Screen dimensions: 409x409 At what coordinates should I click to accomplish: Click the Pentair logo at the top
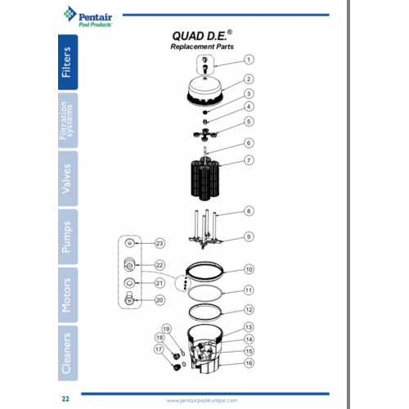[88, 16]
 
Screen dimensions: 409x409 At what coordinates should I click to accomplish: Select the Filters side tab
[68, 62]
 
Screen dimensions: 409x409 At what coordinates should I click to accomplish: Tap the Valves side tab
[68, 178]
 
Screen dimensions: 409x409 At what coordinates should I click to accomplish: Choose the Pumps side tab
[68, 236]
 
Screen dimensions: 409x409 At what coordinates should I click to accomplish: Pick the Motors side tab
[68, 295]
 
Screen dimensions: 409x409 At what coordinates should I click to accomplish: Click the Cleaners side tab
[68, 353]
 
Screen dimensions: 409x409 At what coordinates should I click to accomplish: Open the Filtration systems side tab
[68, 120]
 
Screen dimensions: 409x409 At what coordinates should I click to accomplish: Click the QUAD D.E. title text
[202, 36]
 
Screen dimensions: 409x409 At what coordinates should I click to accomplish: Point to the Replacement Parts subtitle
[202, 47]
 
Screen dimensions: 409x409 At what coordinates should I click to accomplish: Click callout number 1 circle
[249, 60]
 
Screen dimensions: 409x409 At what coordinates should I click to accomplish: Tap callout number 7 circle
[249, 160]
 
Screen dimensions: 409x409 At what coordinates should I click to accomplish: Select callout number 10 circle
[249, 269]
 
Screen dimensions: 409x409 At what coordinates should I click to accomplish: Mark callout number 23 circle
[160, 243]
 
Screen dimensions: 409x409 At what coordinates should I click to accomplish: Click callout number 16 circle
[249, 363]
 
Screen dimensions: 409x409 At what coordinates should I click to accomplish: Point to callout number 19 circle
[166, 329]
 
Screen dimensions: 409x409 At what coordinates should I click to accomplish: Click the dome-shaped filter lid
[205, 92]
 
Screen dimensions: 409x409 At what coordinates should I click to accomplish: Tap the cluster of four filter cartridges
[205, 179]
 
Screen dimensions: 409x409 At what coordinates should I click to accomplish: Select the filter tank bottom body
[205, 349]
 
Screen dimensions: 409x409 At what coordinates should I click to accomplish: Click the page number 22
[65, 399]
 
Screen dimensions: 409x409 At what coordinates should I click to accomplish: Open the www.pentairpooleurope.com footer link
[202, 401]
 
